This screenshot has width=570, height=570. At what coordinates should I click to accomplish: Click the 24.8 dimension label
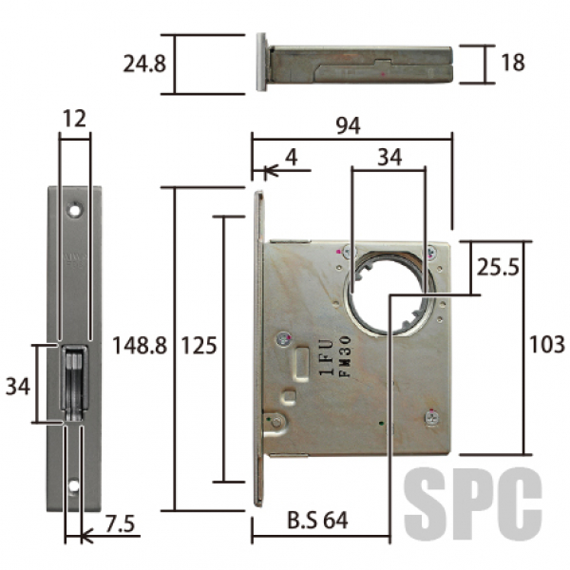click(144, 64)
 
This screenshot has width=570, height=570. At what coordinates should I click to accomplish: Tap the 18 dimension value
click(513, 62)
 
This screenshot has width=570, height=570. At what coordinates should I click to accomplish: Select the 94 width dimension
click(348, 125)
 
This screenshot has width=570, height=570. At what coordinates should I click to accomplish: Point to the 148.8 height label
click(140, 345)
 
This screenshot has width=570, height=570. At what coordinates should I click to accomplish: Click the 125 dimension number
click(199, 346)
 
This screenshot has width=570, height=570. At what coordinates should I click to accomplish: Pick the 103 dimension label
click(547, 344)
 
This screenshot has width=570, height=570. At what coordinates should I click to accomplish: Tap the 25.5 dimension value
click(498, 267)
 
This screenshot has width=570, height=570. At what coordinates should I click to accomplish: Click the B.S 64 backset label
click(317, 520)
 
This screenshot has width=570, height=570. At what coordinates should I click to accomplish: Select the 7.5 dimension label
click(120, 523)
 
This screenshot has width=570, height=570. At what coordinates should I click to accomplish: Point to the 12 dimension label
click(74, 119)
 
